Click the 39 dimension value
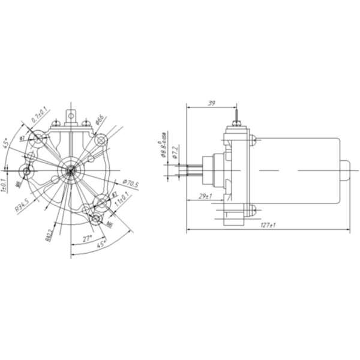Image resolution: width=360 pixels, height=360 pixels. [211, 103]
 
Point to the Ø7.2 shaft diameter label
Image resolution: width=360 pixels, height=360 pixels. [175, 152]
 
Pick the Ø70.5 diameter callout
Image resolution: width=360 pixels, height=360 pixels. [130, 184]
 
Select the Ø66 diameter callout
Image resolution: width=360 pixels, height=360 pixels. [100, 119]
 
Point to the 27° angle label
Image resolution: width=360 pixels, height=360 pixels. [88, 239]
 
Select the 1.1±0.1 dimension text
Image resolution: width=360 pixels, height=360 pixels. [122, 200]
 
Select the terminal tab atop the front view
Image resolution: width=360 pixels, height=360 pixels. [71, 114]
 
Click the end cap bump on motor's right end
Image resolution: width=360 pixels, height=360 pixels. [346, 171]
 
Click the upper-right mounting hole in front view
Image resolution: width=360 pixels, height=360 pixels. [100, 140]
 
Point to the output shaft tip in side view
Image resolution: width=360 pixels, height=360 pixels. [191, 170]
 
